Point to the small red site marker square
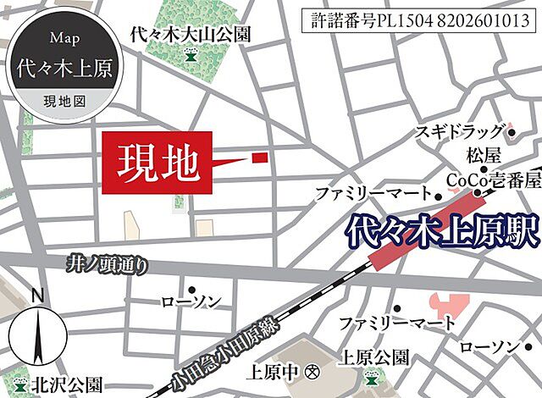pos(259,158)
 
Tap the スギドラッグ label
pos(457,133)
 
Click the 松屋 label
pos(479,156)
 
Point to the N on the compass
pos(36,296)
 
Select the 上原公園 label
pos(373,357)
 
